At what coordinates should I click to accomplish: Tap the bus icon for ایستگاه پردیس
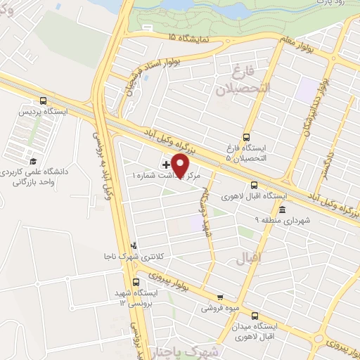pos(44,100)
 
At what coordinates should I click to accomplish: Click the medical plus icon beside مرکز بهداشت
pos(165,164)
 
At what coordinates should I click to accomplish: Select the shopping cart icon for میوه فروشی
pos(220,297)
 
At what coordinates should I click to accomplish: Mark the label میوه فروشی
pos(217,308)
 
